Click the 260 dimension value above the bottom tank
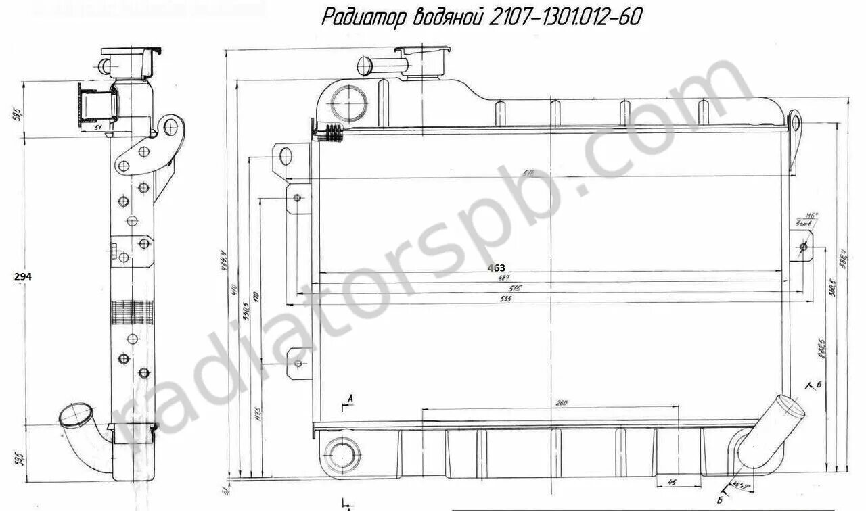(x=561, y=404)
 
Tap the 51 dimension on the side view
(x=97, y=126)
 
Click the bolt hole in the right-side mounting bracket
(x=803, y=247)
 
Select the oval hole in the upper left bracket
(x=284, y=157)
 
